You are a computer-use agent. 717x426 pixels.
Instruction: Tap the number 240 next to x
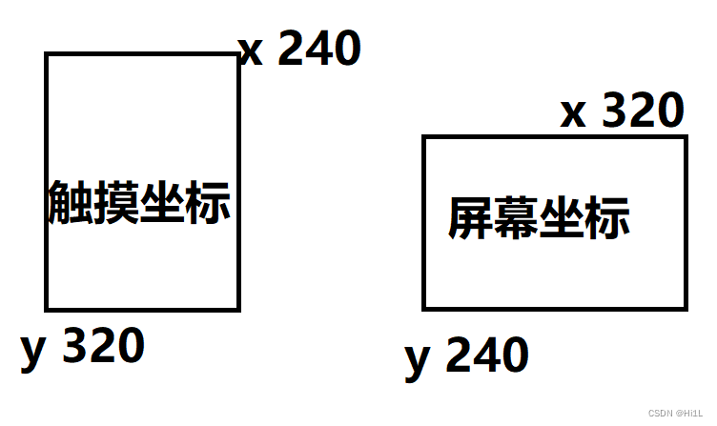pos(318,49)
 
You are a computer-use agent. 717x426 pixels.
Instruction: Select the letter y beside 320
pos(33,351)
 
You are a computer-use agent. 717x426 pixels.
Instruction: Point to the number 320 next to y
pos(103,346)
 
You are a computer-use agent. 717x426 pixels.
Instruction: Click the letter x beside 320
pos(573,114)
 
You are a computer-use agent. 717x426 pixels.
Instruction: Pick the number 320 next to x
pos(644,111)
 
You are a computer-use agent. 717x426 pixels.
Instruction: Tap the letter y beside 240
pos(418,360)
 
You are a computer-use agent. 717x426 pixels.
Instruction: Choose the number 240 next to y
pos(486,355)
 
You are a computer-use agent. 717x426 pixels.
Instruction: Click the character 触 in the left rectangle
pos(69,202)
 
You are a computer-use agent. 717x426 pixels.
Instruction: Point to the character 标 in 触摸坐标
pos(208,202)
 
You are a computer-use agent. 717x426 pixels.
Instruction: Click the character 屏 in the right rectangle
pos(470,219)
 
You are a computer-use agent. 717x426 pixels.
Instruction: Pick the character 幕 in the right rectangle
pos(516,219)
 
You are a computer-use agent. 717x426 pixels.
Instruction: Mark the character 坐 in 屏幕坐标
pos(562,219)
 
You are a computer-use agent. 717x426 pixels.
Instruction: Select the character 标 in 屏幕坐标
pos(607,219)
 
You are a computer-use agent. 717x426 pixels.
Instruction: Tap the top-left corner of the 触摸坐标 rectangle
pos(47,55)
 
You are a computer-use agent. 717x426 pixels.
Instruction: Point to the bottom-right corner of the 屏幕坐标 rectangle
pos(685,308)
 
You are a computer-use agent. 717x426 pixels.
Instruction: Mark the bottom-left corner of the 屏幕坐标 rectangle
pos(424,308)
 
